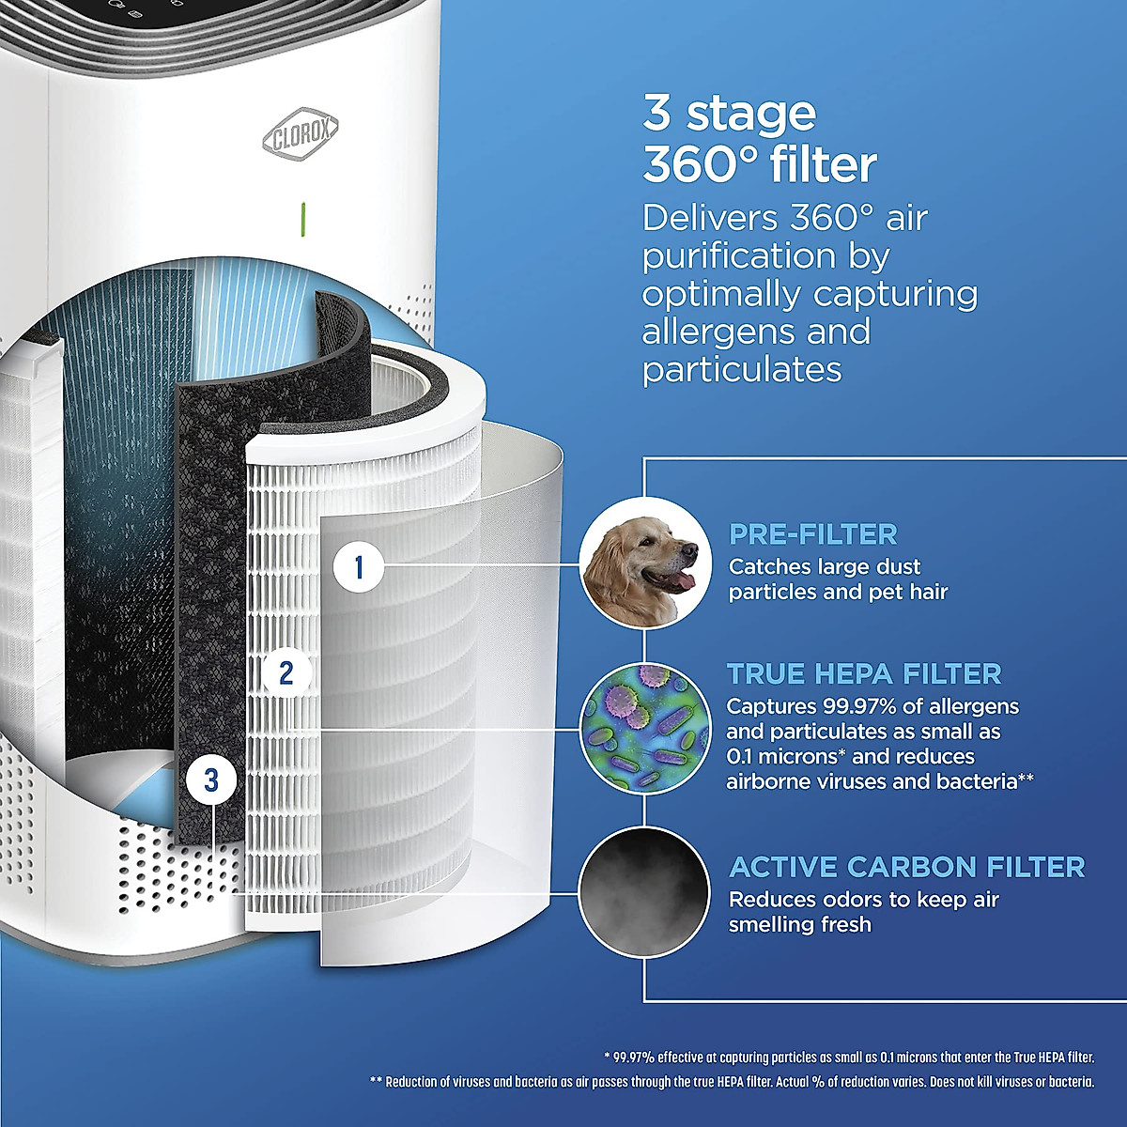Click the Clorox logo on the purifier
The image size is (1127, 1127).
point(300,135)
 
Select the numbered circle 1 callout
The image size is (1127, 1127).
point(358,566)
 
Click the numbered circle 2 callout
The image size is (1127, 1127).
point(286,672)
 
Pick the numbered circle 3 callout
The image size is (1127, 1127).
point(211,780)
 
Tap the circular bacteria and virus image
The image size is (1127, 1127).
point(643,725)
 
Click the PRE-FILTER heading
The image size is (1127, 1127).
point(813,534)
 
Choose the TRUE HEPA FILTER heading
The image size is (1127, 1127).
point(864,673)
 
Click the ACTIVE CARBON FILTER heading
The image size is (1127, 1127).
point(907,866)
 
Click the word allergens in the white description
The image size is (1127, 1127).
point(709,332)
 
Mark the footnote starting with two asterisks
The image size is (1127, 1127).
point(733,1082)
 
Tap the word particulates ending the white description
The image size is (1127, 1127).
point(742,369)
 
